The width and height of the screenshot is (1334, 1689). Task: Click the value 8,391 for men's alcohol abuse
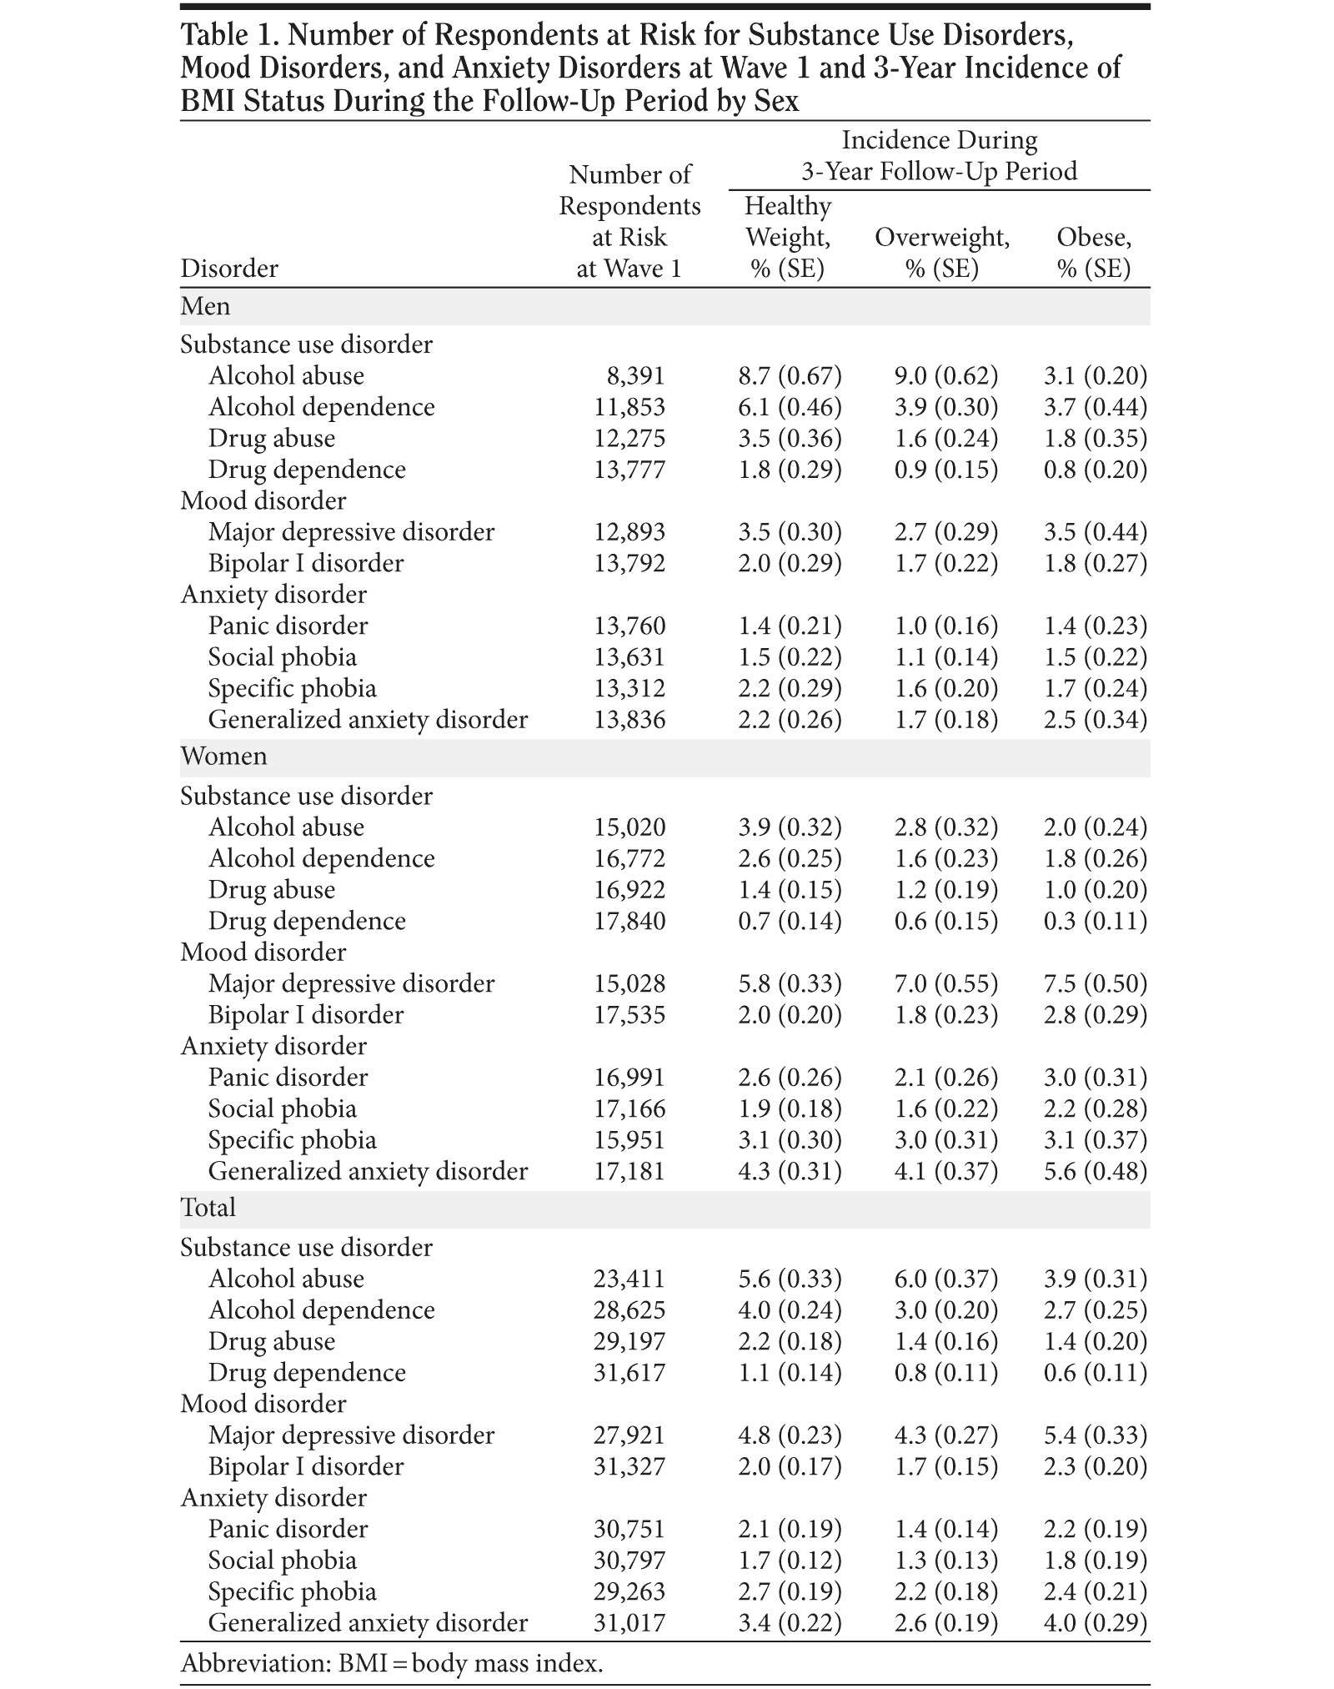(x=635, y=376)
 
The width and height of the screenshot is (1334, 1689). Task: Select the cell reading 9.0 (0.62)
(x=945, y=376)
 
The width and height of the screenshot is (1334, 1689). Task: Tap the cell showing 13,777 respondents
(x=629, y=470)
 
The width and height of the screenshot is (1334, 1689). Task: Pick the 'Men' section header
(x=205, y=306)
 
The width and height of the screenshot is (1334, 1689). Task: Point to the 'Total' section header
(x=208, y=1208)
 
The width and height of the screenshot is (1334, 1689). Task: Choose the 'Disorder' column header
(x=229, y=269)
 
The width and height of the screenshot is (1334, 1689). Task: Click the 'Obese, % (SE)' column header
(x=1094, y=253)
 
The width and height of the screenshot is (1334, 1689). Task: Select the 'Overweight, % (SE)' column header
(x=942, y=253)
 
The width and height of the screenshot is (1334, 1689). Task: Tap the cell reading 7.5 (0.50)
(x=1095, y=984)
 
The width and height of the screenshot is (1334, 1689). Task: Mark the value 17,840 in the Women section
(x=629, y=922)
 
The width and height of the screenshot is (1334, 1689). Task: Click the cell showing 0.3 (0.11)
(x=1095, y=922)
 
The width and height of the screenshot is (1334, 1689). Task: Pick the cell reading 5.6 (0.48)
(x=1095, y=1172)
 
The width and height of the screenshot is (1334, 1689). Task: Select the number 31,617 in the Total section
(x=629, y=1373)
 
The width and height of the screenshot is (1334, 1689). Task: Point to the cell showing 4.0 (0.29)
(x=1095, y=1623)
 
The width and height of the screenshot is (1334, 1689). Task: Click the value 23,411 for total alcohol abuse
(x=629, y=1279)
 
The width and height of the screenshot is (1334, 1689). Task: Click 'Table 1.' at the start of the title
(x=228, y=36)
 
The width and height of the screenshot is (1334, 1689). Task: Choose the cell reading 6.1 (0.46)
(x=790, y=407)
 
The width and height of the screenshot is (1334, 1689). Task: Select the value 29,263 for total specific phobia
(x=629, y=1591)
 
